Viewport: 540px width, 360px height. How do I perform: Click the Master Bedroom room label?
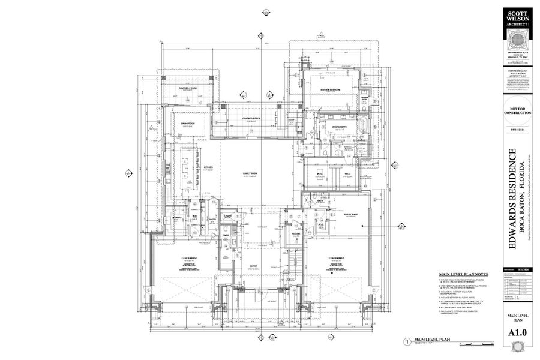point(330,89)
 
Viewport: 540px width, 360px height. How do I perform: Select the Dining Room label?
point(188,124)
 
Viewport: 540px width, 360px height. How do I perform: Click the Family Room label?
point(250,174)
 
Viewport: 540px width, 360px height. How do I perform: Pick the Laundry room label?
point(177,217)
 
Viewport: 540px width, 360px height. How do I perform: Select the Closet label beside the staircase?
point(296,233)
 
